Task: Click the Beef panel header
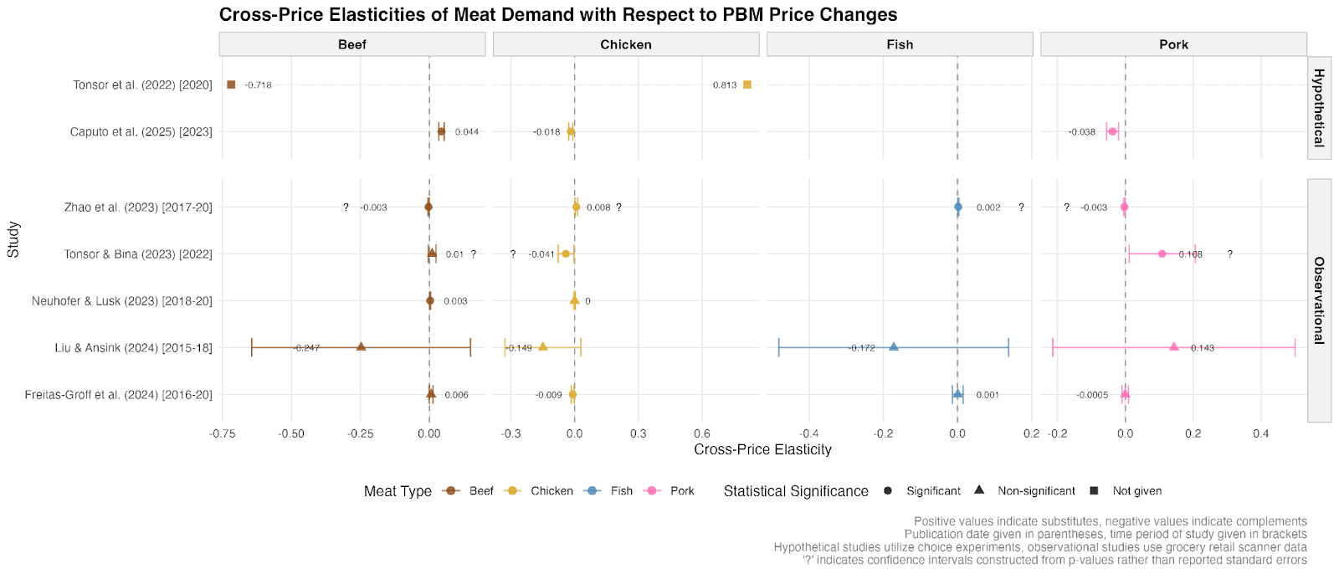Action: tap(351, 44)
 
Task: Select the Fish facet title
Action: tap(900, 44)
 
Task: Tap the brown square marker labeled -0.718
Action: tap(231, 85)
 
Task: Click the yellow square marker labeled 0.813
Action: tap(747, 85)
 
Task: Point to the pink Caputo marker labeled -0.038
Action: tap(1112, 131)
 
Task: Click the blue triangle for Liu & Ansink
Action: tap(893, 346)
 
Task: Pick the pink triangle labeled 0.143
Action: tap(1173, 346)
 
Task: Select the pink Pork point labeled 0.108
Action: tap(1162, 254)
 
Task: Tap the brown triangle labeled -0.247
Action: tap(361, 346)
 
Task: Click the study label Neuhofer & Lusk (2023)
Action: tap(122, 301)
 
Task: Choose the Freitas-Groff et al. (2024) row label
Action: tap(119, 395)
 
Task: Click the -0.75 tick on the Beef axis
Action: tap(223, 433)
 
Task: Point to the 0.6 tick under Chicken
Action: tap(702, 433)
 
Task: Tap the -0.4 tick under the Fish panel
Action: tap(808, 433)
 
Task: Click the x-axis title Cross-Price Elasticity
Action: tap(762, 450)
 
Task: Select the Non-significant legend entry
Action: tap(1036, 491)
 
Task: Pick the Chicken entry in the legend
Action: tap(551, 491)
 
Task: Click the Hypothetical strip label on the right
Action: tap(1319, 107)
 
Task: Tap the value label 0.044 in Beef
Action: tap(467, 132)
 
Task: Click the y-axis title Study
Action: tap(13, 239)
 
